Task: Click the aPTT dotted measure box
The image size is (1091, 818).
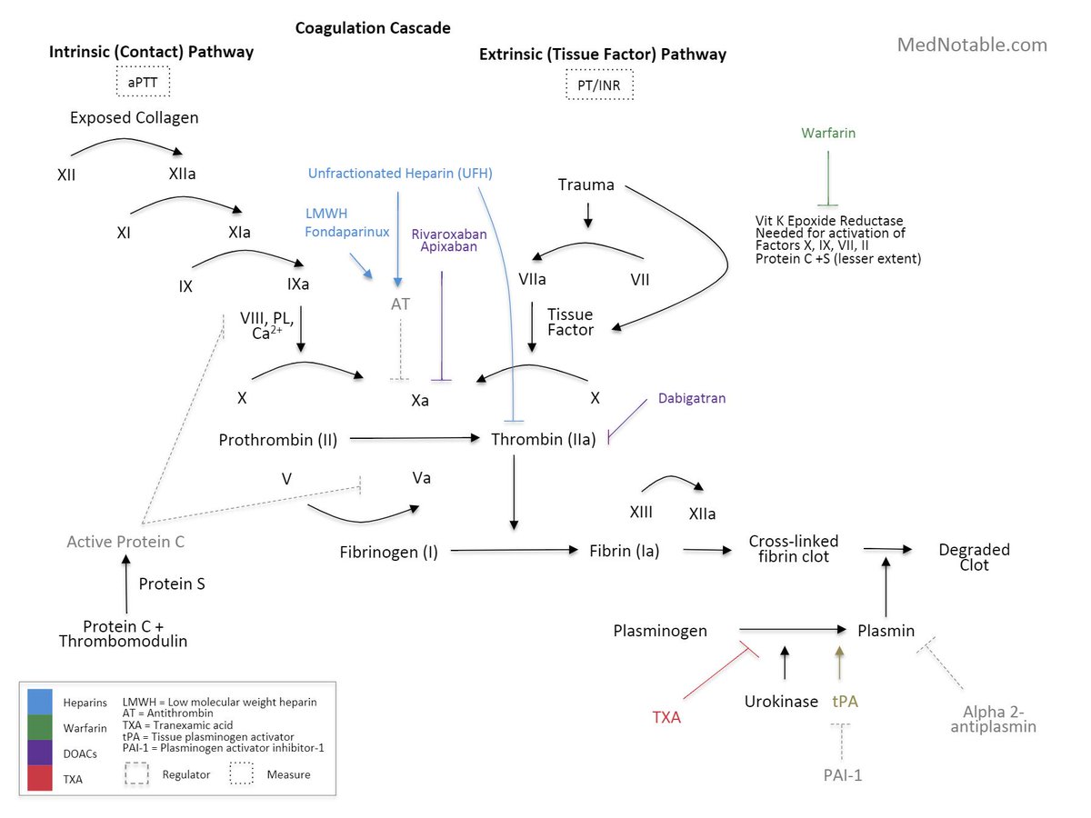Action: pos(144,83)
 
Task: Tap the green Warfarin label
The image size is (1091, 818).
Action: pos(828,133)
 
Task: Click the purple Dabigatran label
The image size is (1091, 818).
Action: pos(692,398)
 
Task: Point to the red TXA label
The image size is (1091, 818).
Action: pos(666,717)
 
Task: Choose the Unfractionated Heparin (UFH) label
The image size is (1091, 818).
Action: pos(400,173)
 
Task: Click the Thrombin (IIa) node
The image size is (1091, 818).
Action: pos(544,440)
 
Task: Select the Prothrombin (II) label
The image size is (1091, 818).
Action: pos(278,440)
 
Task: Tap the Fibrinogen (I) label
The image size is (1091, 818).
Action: pos(389,552)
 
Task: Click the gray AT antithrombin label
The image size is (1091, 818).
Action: pos(400,304)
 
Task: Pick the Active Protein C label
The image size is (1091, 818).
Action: pos(125,542)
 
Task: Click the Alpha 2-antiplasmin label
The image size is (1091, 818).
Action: pos(999,719)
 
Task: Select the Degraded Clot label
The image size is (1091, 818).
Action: pos(975,557)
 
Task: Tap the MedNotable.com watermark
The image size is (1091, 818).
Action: pos(972,45)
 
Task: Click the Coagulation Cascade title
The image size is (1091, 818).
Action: pos(373,28)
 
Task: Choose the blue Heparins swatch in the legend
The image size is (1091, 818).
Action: pos(40,701)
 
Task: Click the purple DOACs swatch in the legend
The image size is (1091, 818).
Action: pos(40,753)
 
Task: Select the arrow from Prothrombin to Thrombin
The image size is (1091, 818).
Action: pos(415,439)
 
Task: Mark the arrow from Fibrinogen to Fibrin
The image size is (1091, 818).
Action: pos(515,551)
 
